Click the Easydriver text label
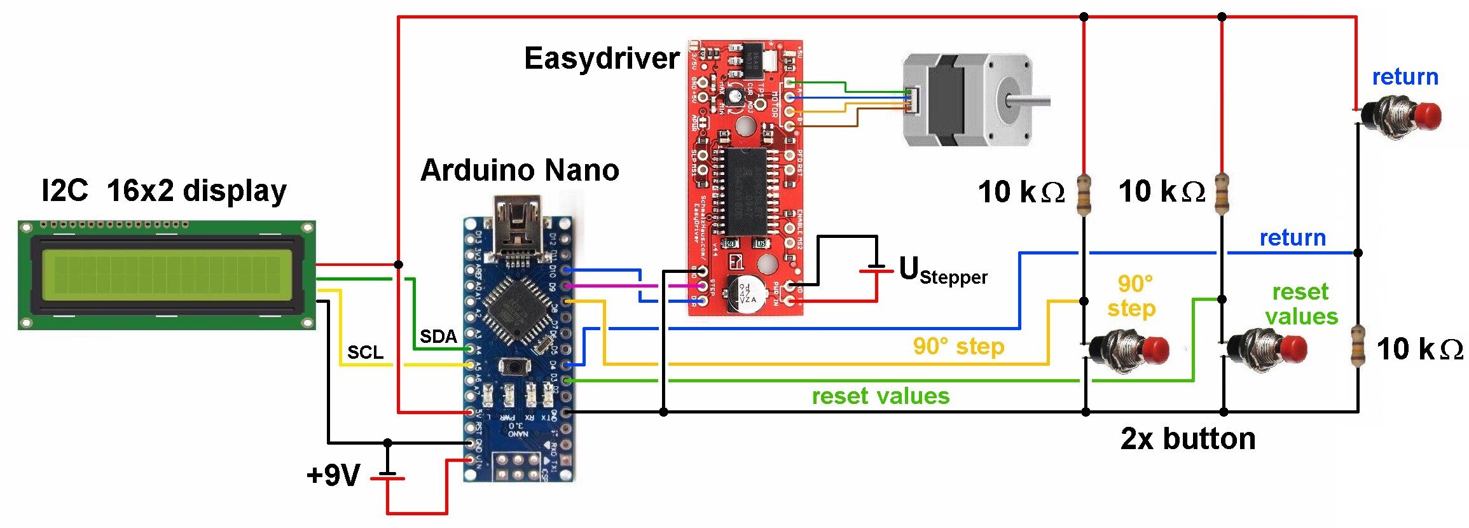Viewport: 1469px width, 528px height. click(x=601, y=59)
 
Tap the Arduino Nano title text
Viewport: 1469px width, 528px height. click(x=520, y=170)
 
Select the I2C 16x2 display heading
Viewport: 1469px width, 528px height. click(x=164, y=191)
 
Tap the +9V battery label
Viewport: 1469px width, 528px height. click(x=333, y=475)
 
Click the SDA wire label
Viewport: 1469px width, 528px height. click(x=438, y=337)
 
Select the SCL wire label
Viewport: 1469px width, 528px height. click(x=365, y=352)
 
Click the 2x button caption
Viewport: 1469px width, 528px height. click(x=1188, y=439)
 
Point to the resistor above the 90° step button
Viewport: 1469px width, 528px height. click(x=1084, y=194)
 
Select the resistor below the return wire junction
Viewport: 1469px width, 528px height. click(x=1358, y=345)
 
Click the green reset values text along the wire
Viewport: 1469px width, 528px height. click(x=880, y=396)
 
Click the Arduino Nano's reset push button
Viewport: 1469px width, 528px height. click(x=516, y=367)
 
